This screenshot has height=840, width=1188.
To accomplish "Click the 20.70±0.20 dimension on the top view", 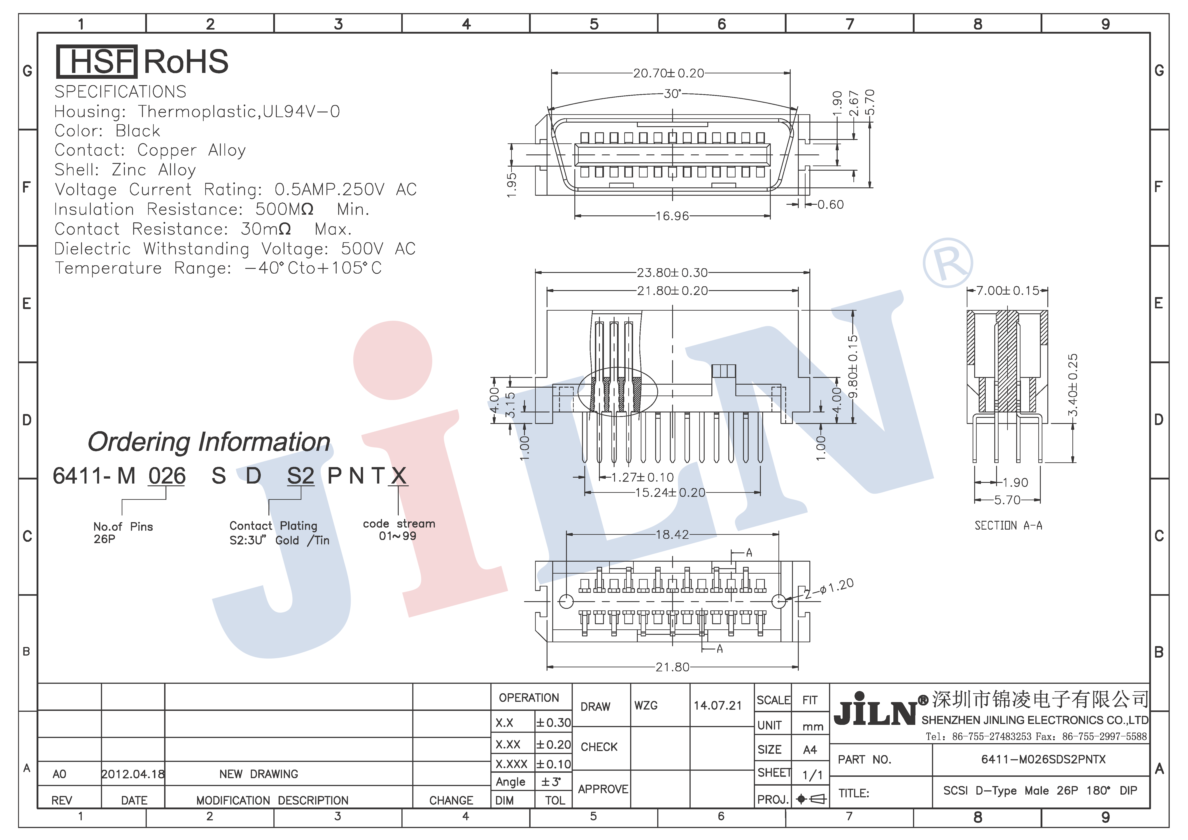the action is coord(669,73).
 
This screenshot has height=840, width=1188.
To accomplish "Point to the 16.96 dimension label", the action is coord(672,216).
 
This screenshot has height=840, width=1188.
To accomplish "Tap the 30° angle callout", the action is coord(672,94).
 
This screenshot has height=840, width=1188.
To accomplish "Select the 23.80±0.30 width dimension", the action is coord(672,272).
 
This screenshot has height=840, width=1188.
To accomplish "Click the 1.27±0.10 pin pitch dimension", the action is coord(642,477).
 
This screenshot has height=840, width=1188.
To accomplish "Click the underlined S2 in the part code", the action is coord(301,476).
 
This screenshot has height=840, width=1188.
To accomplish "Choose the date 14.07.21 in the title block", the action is coord(717,705).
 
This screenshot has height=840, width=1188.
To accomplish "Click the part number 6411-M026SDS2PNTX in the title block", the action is coord(1043,759).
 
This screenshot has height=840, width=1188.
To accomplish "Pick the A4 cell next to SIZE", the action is coord(810,750).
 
